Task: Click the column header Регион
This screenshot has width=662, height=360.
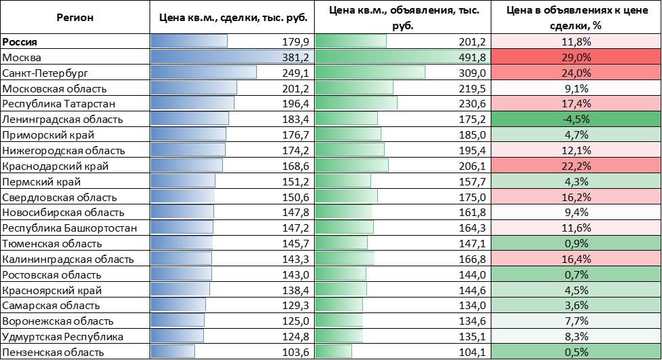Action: click(75, 18)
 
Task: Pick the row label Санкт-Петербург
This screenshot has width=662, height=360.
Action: click(46, 73)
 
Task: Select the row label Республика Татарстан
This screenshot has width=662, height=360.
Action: click(59, 103)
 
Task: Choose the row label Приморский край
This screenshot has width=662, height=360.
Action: click(48, 134)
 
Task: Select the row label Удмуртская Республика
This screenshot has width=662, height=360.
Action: click(63, 336)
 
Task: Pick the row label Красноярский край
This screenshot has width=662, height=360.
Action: click(52, 290)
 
